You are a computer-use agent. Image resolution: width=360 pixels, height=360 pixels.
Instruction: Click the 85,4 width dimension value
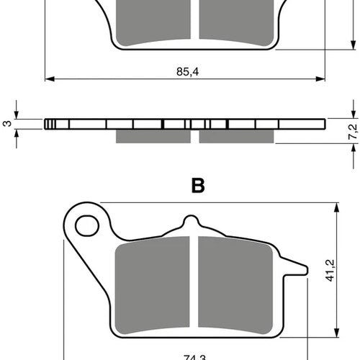click(188, 71)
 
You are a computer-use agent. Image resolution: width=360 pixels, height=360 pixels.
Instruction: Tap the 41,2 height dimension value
click(330, 270)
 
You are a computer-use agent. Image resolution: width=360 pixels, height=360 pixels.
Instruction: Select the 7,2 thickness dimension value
click(353, 132)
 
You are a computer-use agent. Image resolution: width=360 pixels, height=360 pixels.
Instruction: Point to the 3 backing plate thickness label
click(7, 123)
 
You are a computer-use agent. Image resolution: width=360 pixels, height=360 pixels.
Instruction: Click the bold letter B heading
click(198, 186)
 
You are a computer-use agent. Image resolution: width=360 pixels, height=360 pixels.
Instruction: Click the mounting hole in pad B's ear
click(87, 225)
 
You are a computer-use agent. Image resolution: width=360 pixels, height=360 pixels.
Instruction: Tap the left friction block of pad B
click(152, 285)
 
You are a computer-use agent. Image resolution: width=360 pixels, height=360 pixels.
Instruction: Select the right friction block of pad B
click(235, 285)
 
